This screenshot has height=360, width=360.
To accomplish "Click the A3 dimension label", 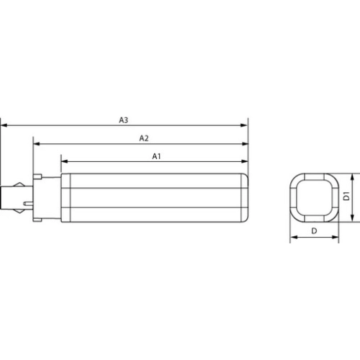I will click(124, 119).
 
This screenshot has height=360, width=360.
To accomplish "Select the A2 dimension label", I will click(143, 137).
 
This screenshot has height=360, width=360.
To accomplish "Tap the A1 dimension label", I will click(156, 155).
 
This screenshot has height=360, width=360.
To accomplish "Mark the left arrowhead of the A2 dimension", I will click(35, 144).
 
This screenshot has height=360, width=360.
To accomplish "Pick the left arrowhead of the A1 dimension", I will click(63, 162).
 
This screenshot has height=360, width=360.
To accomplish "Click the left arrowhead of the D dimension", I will click(292, 238).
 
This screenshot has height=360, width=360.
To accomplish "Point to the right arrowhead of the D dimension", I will click(335, 238).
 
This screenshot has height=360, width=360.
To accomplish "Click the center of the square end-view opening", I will click(313, 197).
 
